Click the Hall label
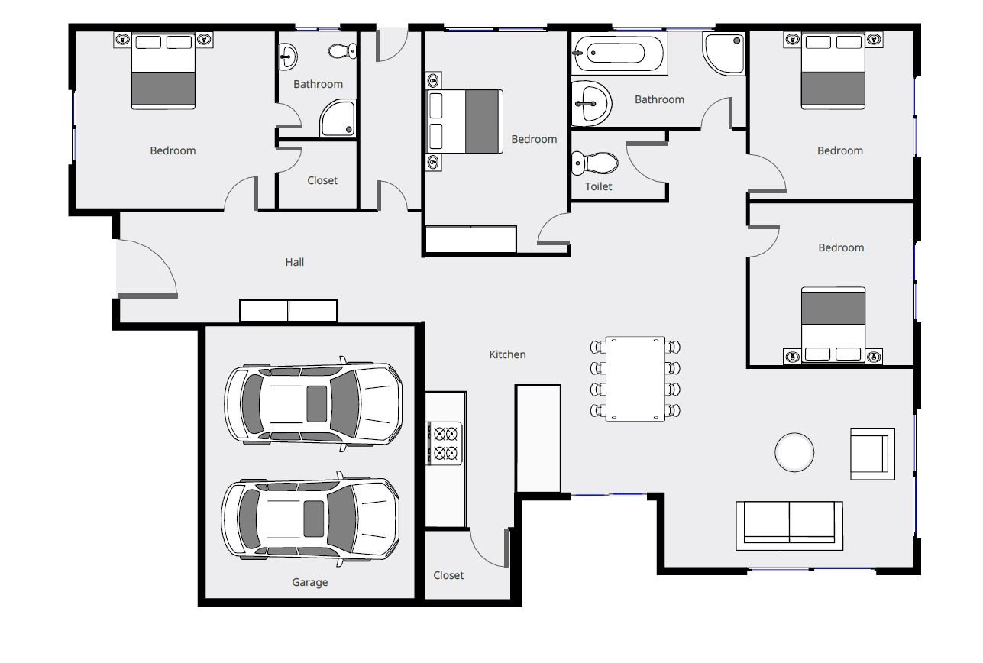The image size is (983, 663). [x=295, y=262]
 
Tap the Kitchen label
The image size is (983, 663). [x=507, y=354]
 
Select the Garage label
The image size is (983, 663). [x=310, y=582]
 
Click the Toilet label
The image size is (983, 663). [x=598, y=186]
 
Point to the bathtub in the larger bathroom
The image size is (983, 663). [x=619, y=53]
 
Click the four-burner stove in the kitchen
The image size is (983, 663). [x=445, y=443]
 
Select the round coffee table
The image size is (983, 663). [x=794, y=452]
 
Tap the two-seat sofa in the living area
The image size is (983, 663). [x=789, y=526]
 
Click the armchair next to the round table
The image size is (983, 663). [x=872, y=454]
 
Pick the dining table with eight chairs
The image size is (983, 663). [x=635, y=379]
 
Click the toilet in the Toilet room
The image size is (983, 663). [x=595, y=163]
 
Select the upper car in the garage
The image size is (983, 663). [x=313, y=403]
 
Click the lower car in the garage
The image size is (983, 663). [x=310, y=519]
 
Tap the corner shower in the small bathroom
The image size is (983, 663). [x=338, y=118]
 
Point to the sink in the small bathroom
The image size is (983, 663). [x=287, y=57]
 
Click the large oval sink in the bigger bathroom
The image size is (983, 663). [x=590, y=104]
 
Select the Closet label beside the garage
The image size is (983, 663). [x=448, y=575]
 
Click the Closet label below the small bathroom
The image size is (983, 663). [x=322, y=180]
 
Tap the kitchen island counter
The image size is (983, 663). [x=538, y=438]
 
